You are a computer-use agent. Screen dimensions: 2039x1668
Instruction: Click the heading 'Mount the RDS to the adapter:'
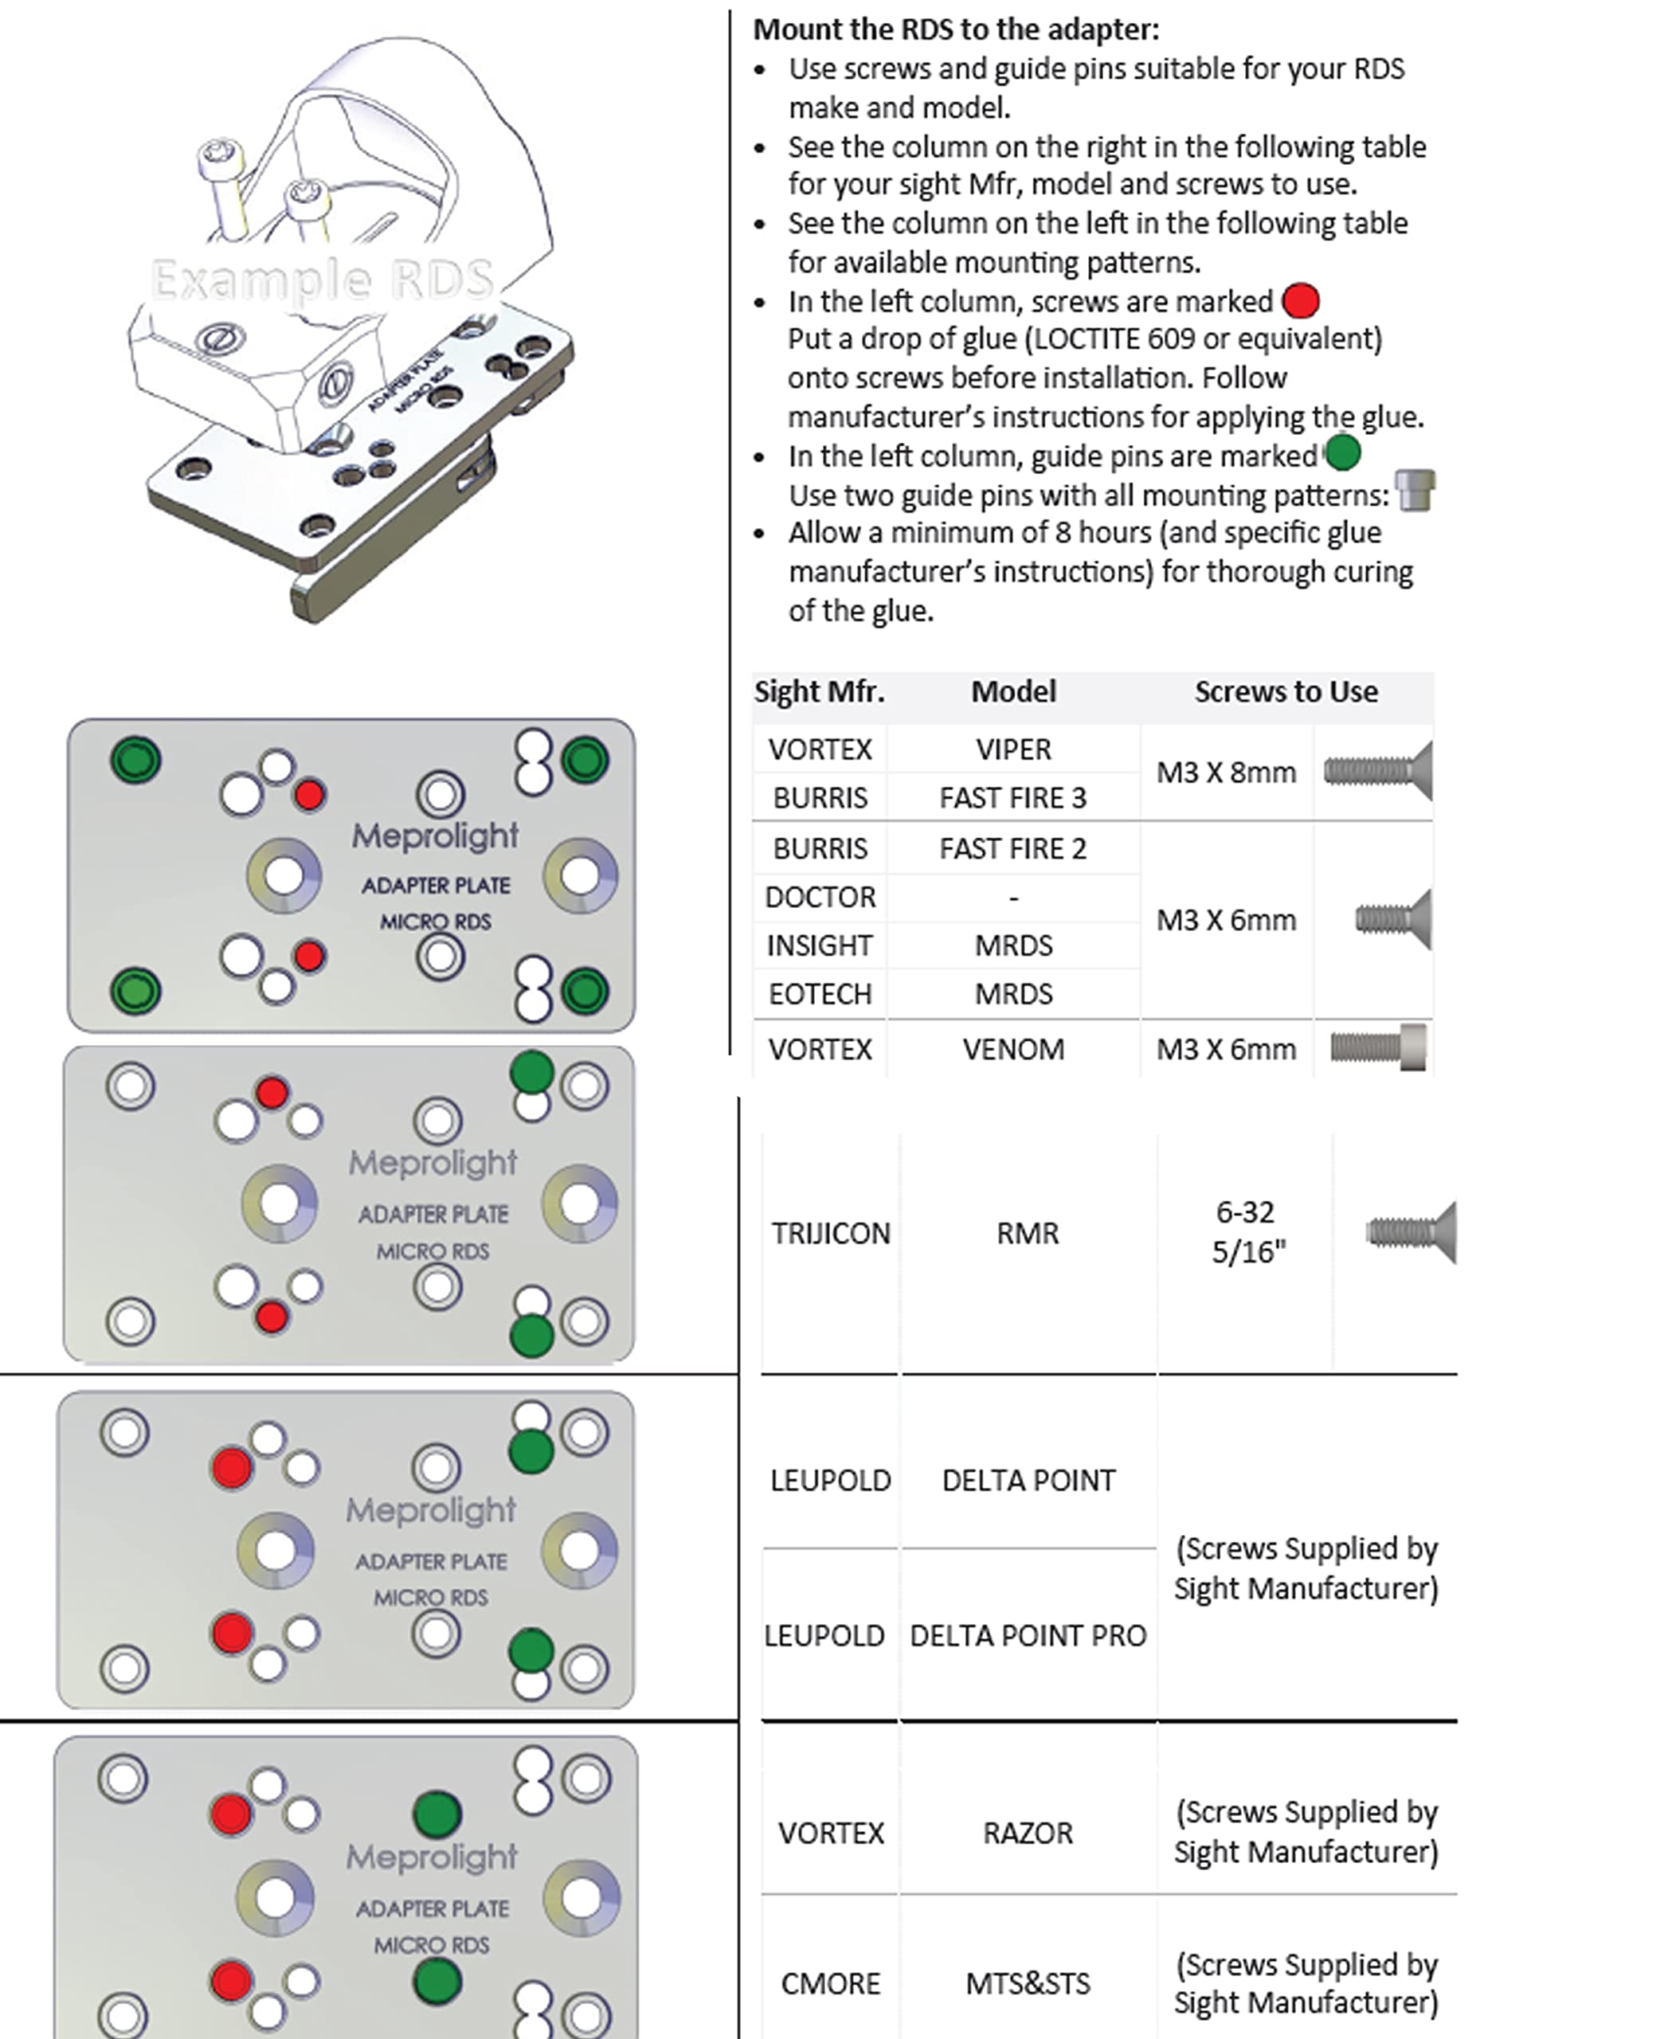pos(955,29)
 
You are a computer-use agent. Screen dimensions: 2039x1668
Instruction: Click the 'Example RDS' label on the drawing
pos(323,280)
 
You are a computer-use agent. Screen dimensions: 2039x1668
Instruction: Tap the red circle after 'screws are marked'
pos(1300,301)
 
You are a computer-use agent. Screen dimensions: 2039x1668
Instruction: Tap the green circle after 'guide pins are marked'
pos(1341,452)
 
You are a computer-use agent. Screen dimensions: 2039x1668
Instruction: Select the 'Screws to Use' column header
pos(1286,692)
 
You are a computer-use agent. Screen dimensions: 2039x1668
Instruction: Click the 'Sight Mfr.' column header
pos(819,692)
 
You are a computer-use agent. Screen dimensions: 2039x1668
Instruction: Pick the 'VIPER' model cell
pos(1014,749)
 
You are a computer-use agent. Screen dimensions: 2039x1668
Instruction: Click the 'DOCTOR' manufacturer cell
pos(820,897)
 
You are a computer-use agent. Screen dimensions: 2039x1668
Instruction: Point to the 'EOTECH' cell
pos(820,993)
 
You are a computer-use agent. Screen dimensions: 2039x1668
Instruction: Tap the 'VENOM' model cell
pos(1014,1048)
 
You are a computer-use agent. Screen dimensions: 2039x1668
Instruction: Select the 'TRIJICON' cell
pos(830,1233)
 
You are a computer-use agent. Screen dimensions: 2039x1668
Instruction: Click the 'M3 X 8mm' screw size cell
pos(1226,773)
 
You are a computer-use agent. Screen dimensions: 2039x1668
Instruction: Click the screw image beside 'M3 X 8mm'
pos(1378,771)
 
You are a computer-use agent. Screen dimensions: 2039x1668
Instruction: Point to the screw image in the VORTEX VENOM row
pos(1378,1047)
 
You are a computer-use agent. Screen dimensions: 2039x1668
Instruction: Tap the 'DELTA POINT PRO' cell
pos(1027,1635)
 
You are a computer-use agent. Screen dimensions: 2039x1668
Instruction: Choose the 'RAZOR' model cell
pos(1027,1834)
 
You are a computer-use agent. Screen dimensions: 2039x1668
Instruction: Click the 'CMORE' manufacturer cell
pos(830,1983)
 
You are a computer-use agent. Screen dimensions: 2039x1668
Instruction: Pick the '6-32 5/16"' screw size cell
pos(1246,1232)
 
